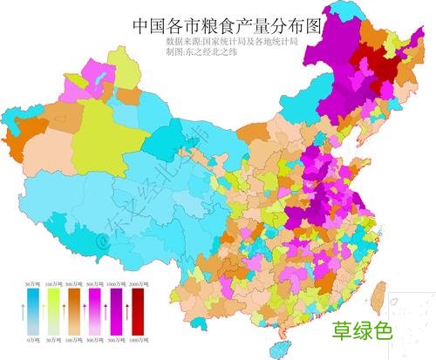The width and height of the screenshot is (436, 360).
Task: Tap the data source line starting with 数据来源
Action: pyautogui.click(x=232, y=41)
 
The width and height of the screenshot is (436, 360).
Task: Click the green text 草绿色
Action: pyautogui.click(x=363, y=331)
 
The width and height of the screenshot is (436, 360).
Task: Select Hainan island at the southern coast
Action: pyautogui.click(x=281, y=348)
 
